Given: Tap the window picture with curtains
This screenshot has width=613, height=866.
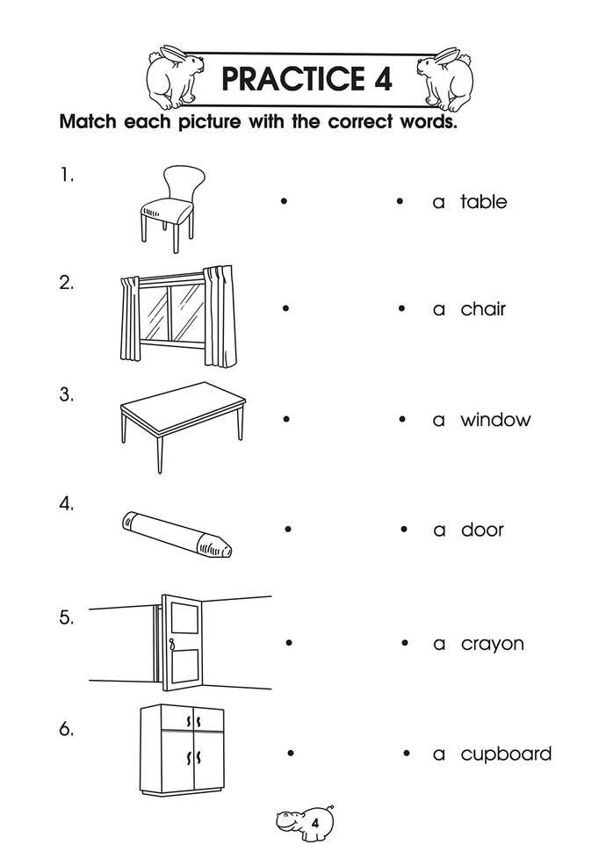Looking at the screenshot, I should click(x=177, y=314).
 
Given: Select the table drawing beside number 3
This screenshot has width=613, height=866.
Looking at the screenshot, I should click(x=181, y=419).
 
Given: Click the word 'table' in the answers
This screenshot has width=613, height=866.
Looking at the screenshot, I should click(x=484, y=202).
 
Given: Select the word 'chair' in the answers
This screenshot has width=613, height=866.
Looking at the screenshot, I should click(x=483, y=309).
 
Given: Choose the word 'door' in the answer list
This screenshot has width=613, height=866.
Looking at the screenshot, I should click(x=482, y=530).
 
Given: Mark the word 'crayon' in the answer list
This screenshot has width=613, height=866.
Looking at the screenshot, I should click(x=492, y=644).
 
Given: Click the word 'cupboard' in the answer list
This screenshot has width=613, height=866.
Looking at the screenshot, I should click(x=506, y=754).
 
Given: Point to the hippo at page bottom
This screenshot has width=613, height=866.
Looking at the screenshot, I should click(x=304, y=822).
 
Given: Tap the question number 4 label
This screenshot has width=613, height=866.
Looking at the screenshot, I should click(x=67, y=504).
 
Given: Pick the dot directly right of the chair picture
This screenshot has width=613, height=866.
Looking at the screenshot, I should click(x=284, y=201).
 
